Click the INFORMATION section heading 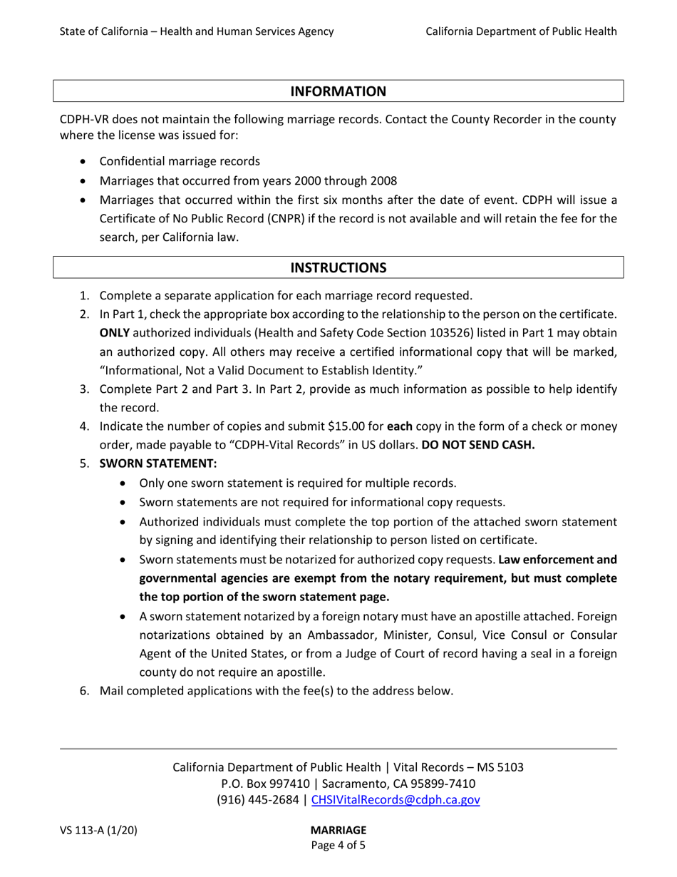(338, 91)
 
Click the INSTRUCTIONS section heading (338, 268)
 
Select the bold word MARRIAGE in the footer (338, 830)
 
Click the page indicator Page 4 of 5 (338, 846)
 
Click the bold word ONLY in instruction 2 (114, 333)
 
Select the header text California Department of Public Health (521, 31)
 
